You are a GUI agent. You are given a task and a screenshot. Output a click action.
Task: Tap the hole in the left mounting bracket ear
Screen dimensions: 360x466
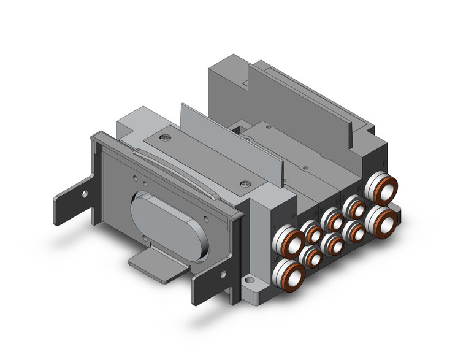click(x=85, y=194)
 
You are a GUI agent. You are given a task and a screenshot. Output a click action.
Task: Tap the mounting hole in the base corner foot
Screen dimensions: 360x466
click(x=249, y=286)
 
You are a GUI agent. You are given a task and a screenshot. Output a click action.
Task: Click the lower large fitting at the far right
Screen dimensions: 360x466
click(x=381, y=222)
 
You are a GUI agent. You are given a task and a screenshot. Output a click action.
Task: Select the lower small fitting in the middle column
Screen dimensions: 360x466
click(x=334, y=244)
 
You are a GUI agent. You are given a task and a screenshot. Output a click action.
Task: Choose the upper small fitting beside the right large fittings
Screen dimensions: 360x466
click(x=354, y=206)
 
